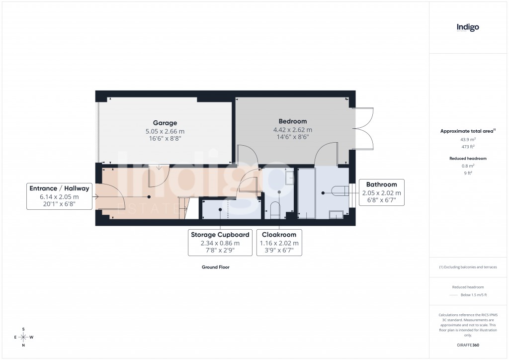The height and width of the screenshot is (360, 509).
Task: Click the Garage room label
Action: click(x=165, y=123)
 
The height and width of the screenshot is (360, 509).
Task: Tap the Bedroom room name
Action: click(x=292, y=121)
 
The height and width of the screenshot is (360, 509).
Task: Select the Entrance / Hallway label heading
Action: click(x=59, y=188)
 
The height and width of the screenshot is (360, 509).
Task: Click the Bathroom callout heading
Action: click(x=381, y=184)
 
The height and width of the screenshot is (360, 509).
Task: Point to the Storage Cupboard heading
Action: click(x=220, y=235)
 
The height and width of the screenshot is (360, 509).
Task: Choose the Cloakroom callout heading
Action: click(x=279, y=235)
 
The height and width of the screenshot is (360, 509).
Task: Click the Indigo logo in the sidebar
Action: click(x=468, y=28)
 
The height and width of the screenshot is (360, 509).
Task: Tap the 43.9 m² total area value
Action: click(x=468, y=140)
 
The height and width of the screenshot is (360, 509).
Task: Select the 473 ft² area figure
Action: click(x=468, y=147)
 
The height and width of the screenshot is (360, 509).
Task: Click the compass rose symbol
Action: click(x=23, y=337)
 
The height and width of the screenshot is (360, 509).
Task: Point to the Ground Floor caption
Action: click(x=215, y=267)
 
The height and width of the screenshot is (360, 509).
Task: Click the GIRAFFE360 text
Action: click(x=468, y=345)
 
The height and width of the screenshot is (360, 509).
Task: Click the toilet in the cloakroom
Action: click(x=274, y=210)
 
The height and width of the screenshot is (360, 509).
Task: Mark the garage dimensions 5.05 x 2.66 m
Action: click(x=165, y=131)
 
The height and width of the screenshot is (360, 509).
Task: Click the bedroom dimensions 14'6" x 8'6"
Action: click(x=292, y=137)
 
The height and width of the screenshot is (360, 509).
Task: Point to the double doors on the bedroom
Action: click(x=364, y=128)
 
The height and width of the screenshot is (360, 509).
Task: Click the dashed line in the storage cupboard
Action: click(x=228, y=209)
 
